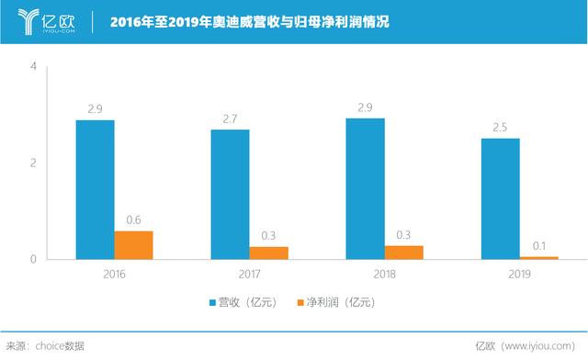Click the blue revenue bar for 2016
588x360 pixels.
coord(95,189)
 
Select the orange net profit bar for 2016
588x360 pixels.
coord(133,244)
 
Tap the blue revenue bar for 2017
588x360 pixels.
coord(230,194)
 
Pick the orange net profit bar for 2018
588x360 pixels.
coord(403,252)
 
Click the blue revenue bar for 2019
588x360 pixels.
coord(500,198)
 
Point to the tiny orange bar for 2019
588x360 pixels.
coord(538,257)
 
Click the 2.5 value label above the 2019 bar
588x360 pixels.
coord(500,127)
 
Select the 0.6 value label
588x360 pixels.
coord(133,219)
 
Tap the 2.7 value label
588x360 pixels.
coord(230,118)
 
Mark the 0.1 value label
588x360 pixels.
coord(538,245)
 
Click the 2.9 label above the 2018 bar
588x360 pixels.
coord(365,107)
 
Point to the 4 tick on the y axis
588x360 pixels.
coord(33,67)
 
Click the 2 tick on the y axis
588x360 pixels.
coord(33,163)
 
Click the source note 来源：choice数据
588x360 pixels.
coord(46,345)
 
